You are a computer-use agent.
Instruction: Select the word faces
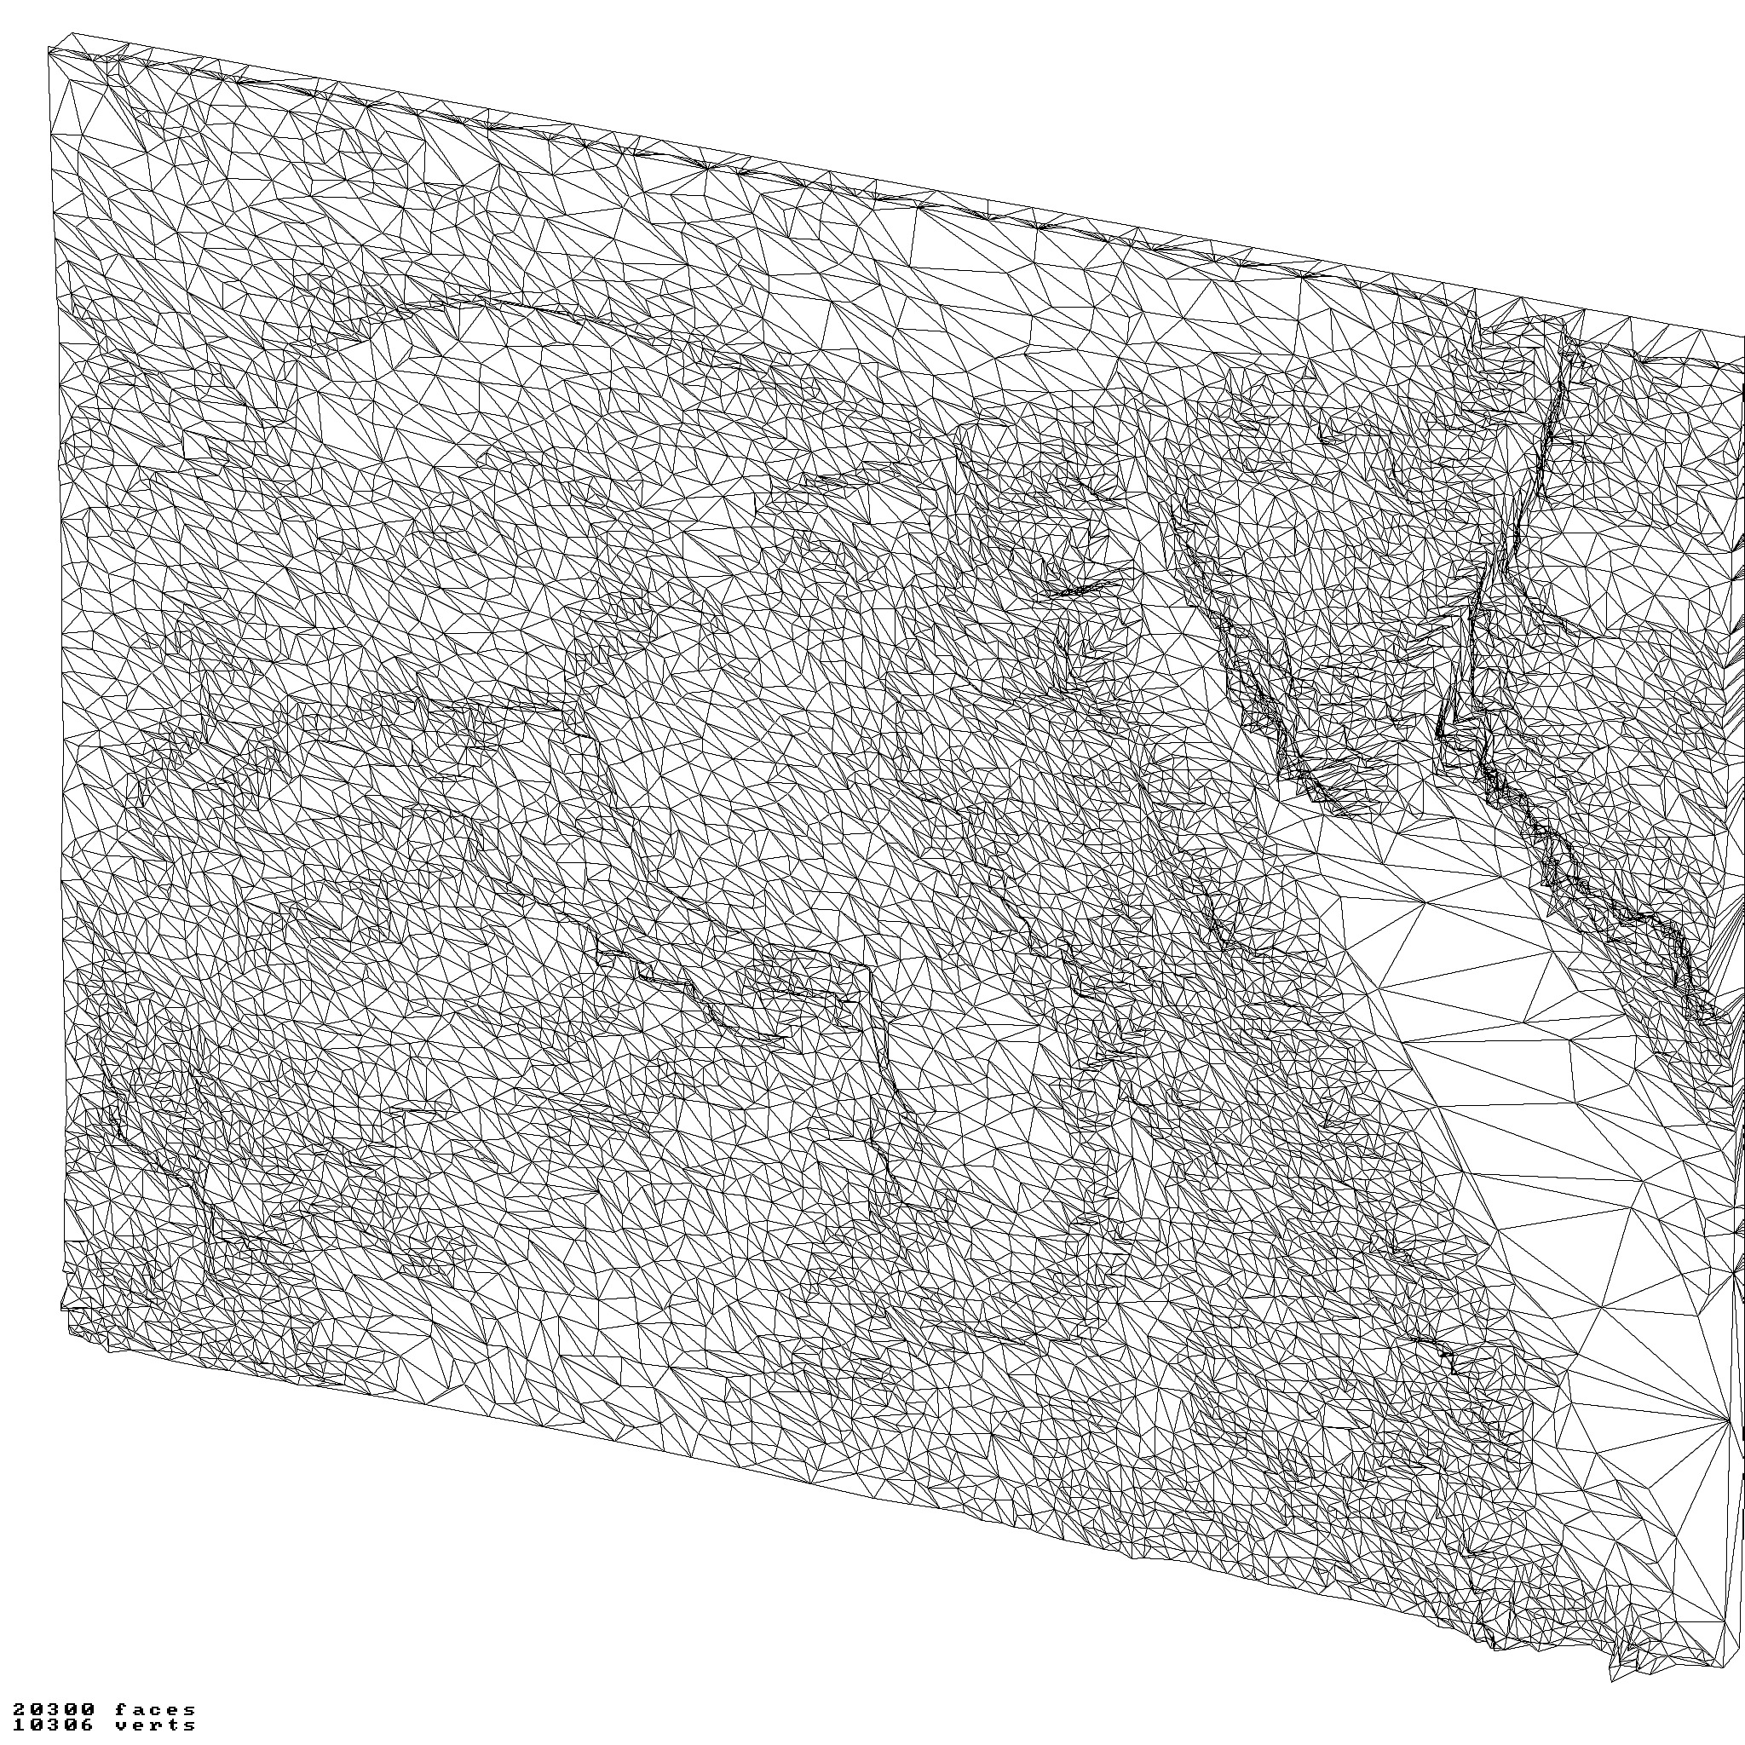(x=155, y=1710)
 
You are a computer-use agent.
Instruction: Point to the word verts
(x=155, y=1725)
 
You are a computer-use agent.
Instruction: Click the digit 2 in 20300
(x=19, y=1709)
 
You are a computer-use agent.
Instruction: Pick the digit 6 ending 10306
(x=87, y=1725)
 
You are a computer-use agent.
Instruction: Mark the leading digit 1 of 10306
(x=19, y=1725)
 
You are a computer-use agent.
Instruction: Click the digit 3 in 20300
(x=52, y=1709)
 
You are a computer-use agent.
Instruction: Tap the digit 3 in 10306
(x=52, y=1725)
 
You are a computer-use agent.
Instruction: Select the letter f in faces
(x=121, y=1709)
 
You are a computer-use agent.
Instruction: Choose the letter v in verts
(x=121, y=1725)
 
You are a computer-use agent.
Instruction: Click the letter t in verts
(x=174, y=1725)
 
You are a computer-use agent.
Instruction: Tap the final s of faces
(x=190, y=1711)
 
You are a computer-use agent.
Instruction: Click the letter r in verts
(x=155, y=1725)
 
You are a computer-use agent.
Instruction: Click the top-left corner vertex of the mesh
(x=49, y=49)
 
